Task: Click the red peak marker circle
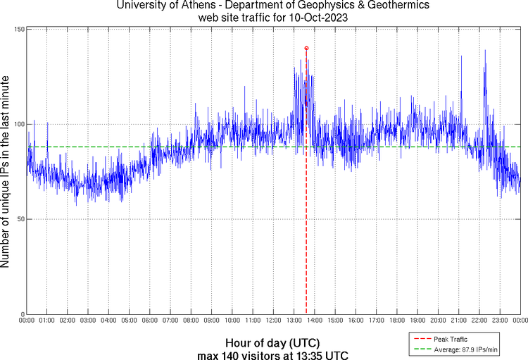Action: pos(306,48)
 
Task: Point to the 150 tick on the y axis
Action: pos(19,29)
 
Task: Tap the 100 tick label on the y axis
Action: pos(19,124)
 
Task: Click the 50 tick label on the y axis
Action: pos(20,219)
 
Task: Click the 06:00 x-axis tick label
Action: pos(150,321)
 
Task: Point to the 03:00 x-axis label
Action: pos(88,321)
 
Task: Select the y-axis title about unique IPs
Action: pos(6,171)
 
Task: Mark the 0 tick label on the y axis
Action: pos(23,314)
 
